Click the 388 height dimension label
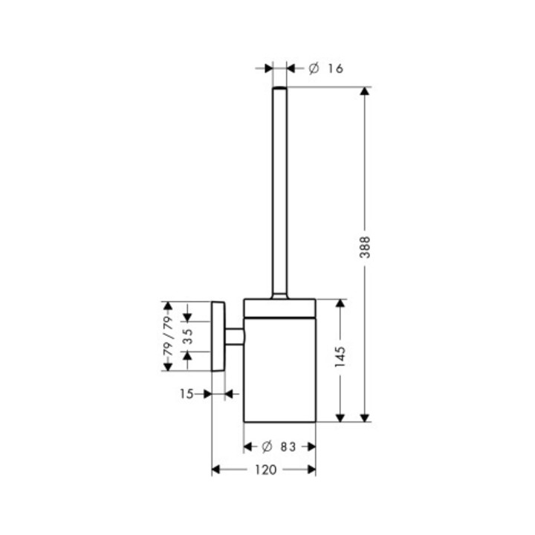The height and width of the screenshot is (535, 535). coord(365,247)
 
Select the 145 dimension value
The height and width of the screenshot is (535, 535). coord(340,357)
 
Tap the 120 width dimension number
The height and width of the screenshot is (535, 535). coord(265,470)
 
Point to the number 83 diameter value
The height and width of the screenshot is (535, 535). coord(288,447)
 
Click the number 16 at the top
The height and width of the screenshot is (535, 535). coord(335,68)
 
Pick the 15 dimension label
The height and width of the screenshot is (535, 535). coord(187,394)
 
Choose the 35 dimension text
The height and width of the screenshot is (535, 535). coord(188,336)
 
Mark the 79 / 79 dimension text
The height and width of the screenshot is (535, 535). coord(169,336)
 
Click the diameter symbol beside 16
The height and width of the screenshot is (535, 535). coord(314,68)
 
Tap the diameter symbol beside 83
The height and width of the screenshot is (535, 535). coord(267,447)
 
